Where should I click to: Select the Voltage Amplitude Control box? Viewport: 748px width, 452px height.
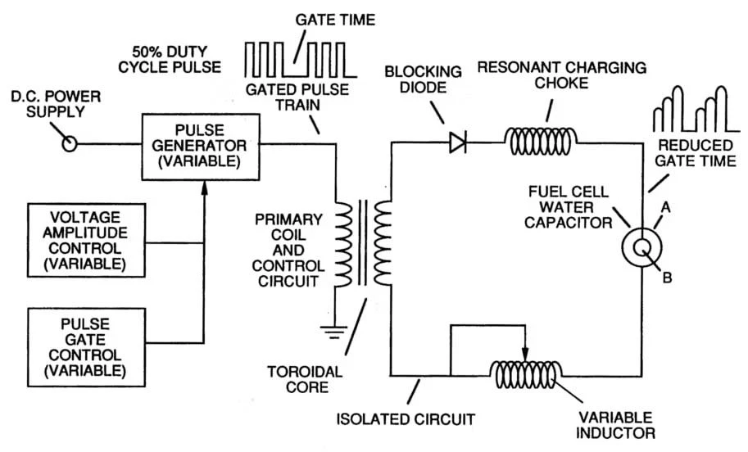click(x=87, y=239)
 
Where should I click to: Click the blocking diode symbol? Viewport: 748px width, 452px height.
click(x=458, y=143)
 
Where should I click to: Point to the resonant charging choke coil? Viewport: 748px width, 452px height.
click(x=542, y=141)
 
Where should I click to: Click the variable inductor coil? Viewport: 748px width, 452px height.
click(x=526, y=375)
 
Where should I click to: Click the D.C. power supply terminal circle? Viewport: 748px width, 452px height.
click(x=70, y=144)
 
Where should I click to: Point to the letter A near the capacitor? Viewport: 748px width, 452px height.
click(x=666, y=209)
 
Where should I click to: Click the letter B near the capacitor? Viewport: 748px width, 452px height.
click(x=667, y=278)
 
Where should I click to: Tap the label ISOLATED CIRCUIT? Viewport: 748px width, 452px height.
click(x=406, y=420)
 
